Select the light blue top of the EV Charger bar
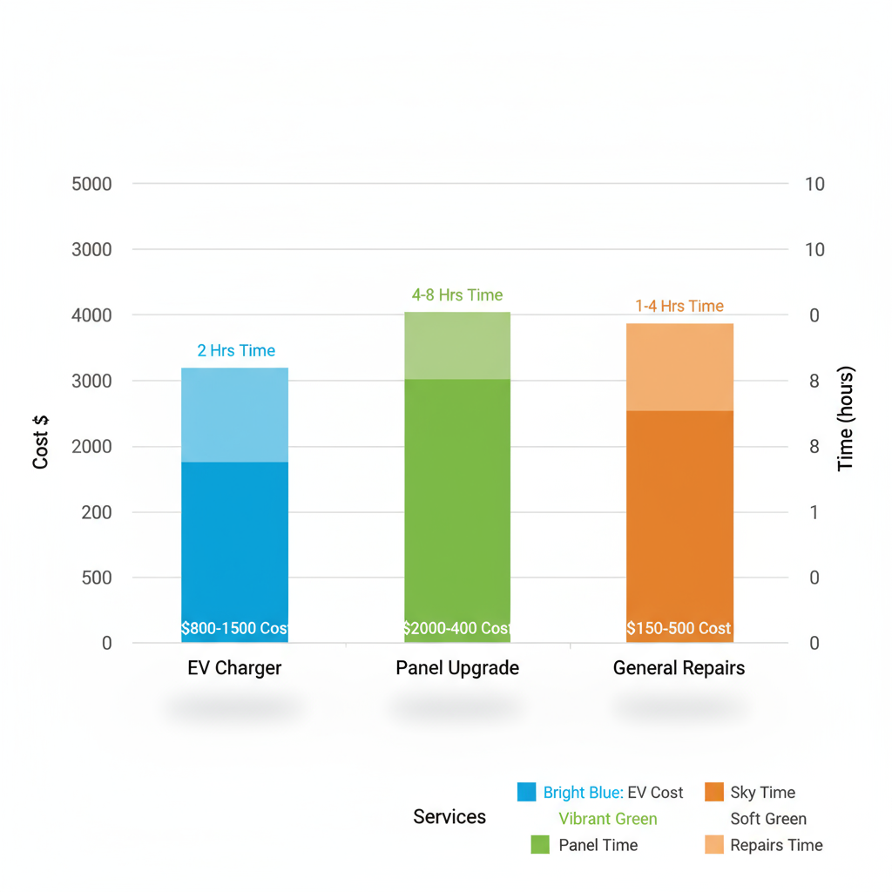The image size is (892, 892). [x=234, y=415]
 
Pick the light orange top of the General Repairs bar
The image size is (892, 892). [x=679, y=367]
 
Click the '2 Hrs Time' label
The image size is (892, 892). [x=236, y=350]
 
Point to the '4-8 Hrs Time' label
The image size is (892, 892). [x=457, y=295]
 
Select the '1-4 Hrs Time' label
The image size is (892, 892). [x=679, y=306]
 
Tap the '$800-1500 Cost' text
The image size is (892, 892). [x=234, y=628]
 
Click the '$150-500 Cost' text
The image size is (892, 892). [x=679, y=628]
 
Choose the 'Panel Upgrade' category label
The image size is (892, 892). [x=457, y=668]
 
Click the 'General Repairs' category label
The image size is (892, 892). [x=679, y=668]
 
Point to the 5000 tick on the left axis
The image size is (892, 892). [x=91, y=184]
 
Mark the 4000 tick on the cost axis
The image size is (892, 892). [x=91, y=315]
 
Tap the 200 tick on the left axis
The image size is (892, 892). [x=97, y=512]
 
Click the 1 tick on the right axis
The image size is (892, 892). [x=814, y=512]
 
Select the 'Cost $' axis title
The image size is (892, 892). [x=41, y=443]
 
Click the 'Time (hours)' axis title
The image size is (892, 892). [x=846, y=419]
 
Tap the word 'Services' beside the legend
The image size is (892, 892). [x=449, y=817]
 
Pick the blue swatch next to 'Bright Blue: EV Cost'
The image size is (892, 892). [x=527, y=792]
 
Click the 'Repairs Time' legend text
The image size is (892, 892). [x=776, y=845]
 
